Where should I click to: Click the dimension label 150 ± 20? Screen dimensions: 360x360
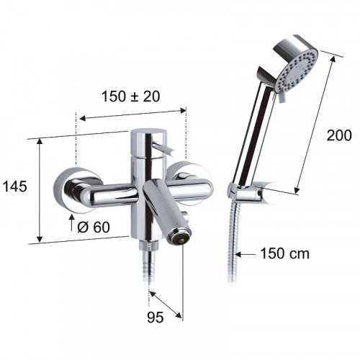click(x=131, y=96)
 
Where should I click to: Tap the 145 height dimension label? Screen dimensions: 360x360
click(x=15, y=186)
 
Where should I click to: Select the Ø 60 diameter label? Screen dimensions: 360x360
click(x=94, y=227)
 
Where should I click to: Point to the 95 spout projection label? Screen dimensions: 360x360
click(x=156, y=318)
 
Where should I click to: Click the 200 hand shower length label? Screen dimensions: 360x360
click(x=339, y=135)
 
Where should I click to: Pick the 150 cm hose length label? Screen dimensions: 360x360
click(x=285, y=253)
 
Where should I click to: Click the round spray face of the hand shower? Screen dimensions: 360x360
click(x=297, y=72)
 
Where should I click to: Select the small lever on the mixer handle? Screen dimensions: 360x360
click(x=163, y=148)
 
